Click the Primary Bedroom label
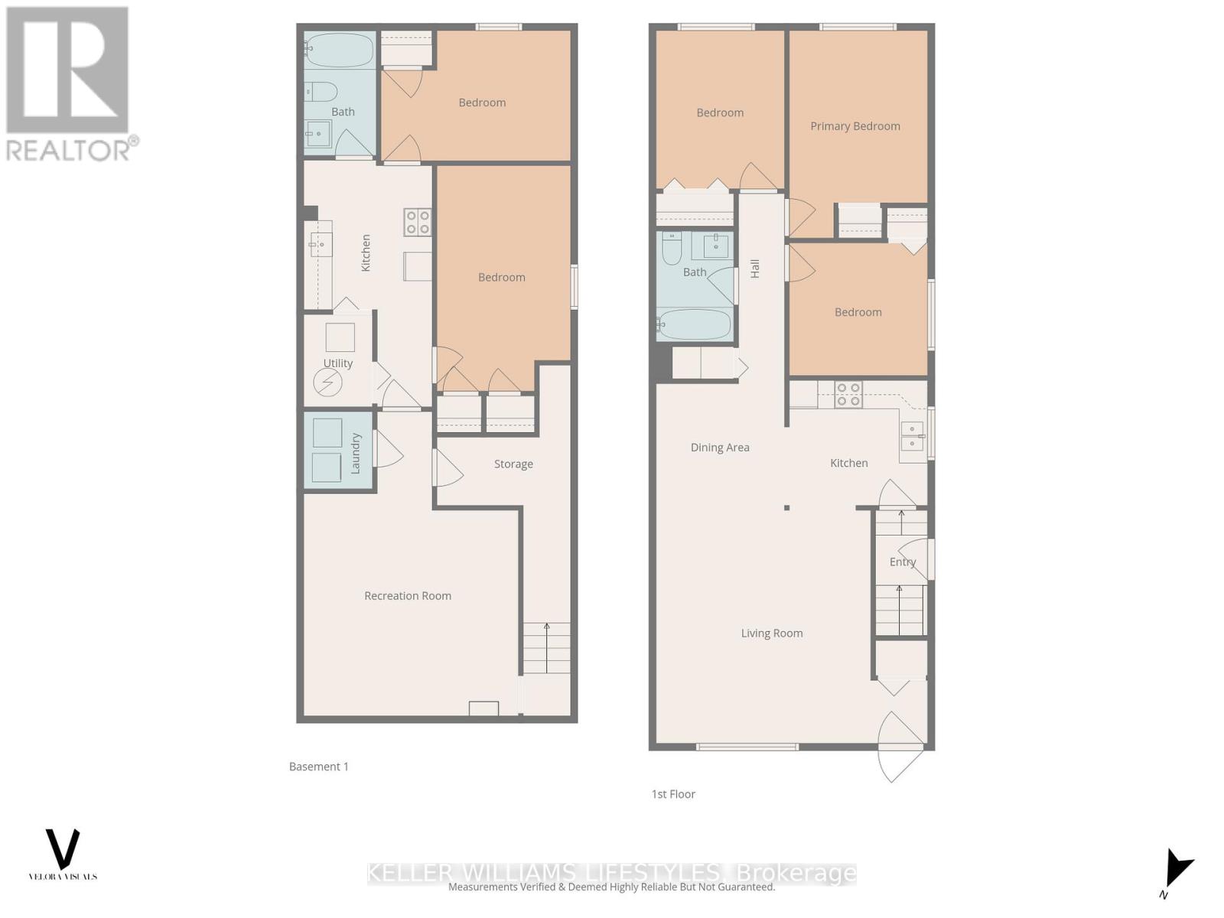pyautogui.click(x=855, y=126)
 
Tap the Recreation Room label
pyautogui.click(x=407, y=596)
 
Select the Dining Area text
pyautogui.click(x=719, y=448)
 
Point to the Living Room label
pyautogui.click(x=771, y=633)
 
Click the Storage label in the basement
pyautogui.click(x=513, y=464)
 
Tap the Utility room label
pyautogui.click(x=337, y=363)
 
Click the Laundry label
pyautogui.click(x=356, y=453)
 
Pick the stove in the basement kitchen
pyautogui.click(x=418, y=222)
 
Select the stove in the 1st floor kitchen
pyautogui.click(x=848, y=395)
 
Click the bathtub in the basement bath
pyautogui.click(x=340, y=49)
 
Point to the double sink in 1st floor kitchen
pyautogui.click(x=911, y=436)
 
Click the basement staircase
pyautogui.click(x=546, y=648)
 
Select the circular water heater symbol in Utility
pyautogui.click(x=328, y=382)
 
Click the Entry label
pyautogui.click(x=902, y=562)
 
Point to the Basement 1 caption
pyautogui.click(x=318, y=767)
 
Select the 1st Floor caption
pyautogui.click(x=673, y=794)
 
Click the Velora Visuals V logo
pyautogui.click(x=63, y=849)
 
